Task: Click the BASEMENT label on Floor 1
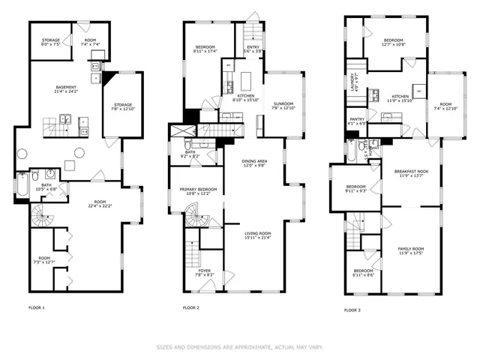coord(65,88)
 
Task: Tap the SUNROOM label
coord(283,105)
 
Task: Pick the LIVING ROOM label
coord(257,235)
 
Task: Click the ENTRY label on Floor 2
coord(252,48)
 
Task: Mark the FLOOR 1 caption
coord(37,307)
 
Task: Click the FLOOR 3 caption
coord(352,310)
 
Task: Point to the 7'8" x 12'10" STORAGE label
coord(122,107)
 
